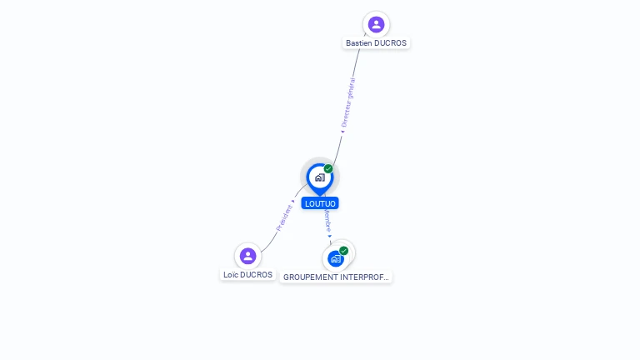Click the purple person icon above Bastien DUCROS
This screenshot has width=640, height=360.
376,24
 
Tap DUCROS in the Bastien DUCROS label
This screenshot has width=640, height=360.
392,43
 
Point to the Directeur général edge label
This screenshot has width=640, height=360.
348,101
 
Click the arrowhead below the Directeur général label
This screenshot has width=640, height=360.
342,131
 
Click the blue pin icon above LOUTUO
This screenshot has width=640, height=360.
319,177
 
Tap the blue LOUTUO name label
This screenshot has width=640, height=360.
320,203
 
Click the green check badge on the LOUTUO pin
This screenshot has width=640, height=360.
328,169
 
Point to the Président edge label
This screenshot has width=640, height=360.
284,217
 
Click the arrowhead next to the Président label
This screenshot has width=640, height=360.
292,201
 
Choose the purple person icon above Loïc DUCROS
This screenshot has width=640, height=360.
247,256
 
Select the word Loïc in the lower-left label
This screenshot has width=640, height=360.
232,275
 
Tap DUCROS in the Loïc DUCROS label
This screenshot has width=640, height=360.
257,275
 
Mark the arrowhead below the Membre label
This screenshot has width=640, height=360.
330,236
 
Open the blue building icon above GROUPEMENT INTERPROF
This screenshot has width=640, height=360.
335,259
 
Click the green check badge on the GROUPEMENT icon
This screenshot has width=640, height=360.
343,251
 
